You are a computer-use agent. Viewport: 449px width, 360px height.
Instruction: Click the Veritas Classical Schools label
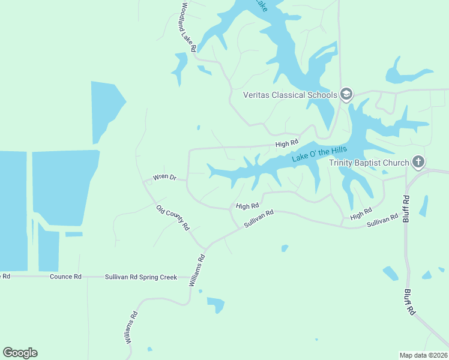[x=289, y=95]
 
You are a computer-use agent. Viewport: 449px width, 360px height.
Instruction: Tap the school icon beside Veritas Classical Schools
[x=346, y=94]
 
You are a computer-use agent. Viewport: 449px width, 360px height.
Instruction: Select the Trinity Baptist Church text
[x=369, y=163]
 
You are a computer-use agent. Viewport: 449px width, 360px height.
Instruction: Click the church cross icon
[x=418, y=162]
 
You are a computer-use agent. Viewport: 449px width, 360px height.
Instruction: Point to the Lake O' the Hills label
[x=320, y=150]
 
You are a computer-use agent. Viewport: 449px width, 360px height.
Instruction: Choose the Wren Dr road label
[x=164, y=177]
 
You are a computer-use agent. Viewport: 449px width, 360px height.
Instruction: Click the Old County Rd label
[x=173, y=218]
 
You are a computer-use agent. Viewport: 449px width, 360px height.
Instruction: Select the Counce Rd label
[x=65, y=277]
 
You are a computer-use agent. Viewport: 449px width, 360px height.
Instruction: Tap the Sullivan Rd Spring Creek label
[x=141, y=277]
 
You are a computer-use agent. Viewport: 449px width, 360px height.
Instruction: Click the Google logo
[x=20, y=353]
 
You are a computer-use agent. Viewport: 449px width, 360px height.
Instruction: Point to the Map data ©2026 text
[x=423, y=355]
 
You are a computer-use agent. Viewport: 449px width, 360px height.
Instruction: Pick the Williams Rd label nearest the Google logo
[x=131, y=328]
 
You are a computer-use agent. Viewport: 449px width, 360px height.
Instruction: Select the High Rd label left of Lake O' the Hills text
[x=287, y=143]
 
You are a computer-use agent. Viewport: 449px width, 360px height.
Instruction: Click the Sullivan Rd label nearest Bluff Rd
[x=382, y=221]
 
